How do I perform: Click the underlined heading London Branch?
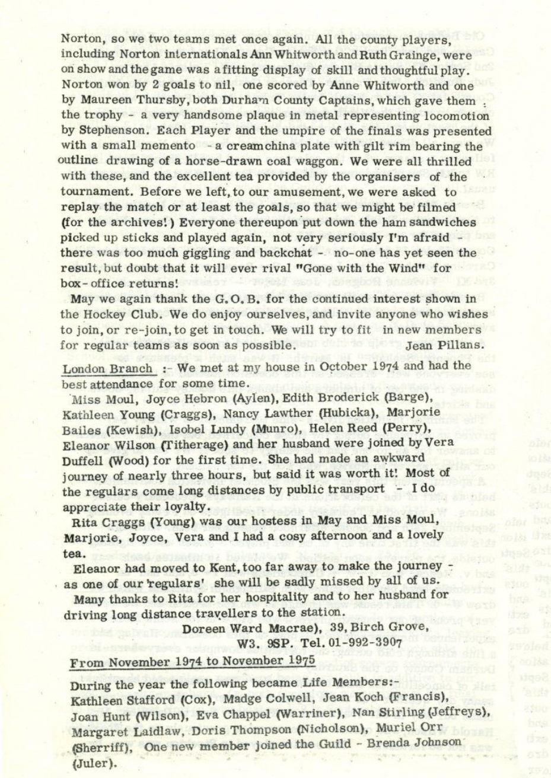pos(108,368)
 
